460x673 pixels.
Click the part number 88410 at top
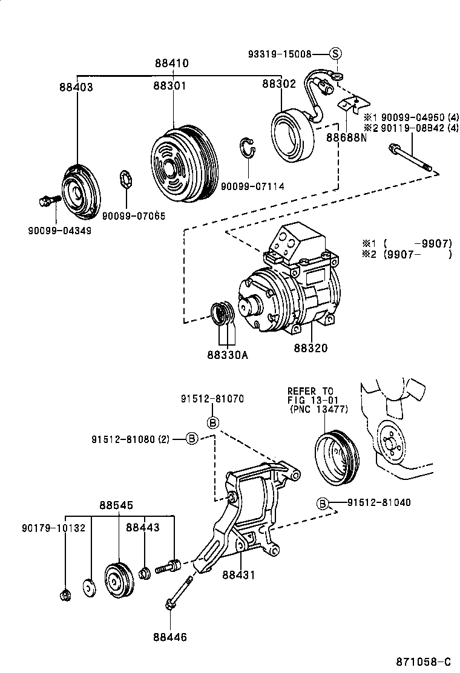coord(171,64)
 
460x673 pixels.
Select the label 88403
coord(76,87)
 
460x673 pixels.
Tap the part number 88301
coord(169,87)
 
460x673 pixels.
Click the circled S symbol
coord(337,54)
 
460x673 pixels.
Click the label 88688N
coord(347,137)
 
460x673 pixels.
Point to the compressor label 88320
coord(311,348)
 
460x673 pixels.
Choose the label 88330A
coord(228,355)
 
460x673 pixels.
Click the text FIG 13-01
coord(312,399)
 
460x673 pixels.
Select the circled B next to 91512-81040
coord(323,503)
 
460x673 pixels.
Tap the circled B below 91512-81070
coord(212,422)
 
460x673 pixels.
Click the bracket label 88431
coord(238,575)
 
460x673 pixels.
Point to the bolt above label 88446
coord(179,593)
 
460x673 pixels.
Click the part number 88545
coord(116,505)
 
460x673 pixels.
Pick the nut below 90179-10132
coord(66,596)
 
